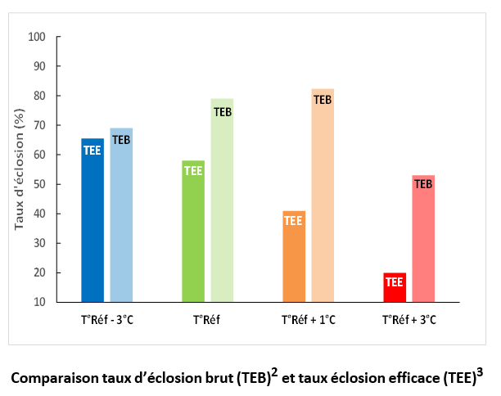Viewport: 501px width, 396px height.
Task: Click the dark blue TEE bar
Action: coord(93,221)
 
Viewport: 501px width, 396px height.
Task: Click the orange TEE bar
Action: coord(293,257)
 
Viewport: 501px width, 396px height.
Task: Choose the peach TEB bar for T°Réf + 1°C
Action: coord(323,196)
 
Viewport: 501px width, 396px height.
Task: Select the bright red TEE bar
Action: coord(394,287)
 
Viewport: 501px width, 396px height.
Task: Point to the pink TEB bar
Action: coord(423,238)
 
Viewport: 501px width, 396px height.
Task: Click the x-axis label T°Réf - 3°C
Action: coord(107,319)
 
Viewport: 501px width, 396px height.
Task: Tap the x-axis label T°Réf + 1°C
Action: coord(308,319)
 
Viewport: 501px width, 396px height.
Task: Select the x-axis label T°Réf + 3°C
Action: coord(408,319)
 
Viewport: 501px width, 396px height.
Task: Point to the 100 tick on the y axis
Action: coord(37,37)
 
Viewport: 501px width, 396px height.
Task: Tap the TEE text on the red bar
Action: coord(394,282)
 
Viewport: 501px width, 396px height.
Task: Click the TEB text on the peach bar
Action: coord(323,100)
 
